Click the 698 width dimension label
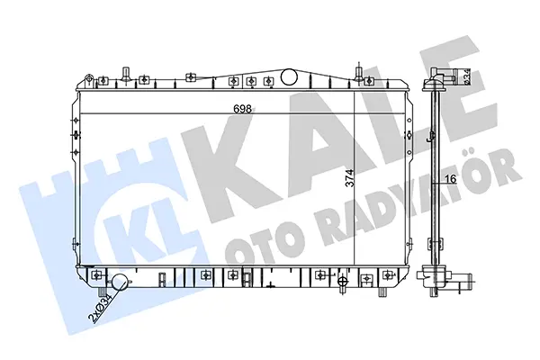(x=242, y=109)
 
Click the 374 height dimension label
(x=349, y=178)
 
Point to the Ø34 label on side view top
(x=466, y=76)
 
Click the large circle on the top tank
(x=289, y=76)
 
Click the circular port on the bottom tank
(x=119, y=282)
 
